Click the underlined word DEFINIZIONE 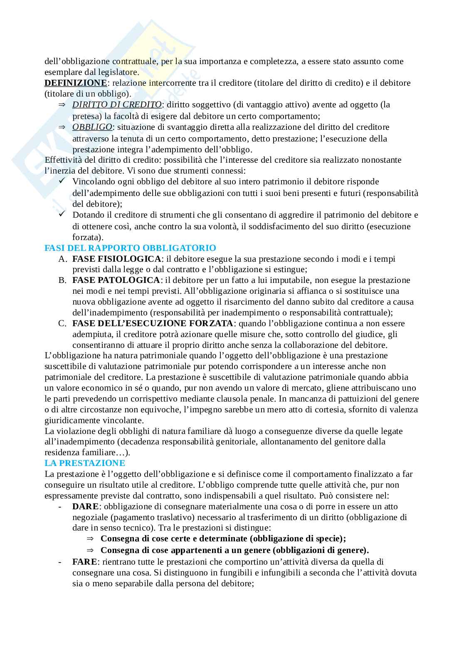[x=75, y=83]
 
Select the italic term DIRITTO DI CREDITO [x=117, y=104]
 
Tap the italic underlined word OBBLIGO [x=92, y=127]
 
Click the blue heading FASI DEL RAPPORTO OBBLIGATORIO [x=130, y=248]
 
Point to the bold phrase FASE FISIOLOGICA [x=116, y=259]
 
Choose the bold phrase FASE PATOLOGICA [x=116, y=280]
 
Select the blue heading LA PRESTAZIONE [x=85, y=463]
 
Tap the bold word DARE [x=85, y=506]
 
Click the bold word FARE [x=85, y=562]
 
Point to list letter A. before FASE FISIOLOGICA [x=62, y=259]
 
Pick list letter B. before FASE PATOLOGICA [x=62, y=280]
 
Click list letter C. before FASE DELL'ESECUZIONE [x=62, y=323]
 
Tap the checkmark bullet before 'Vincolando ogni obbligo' [x=62, y=181]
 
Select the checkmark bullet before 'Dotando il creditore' [x=62, y=214]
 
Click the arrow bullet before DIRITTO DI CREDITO [x=62, y=105]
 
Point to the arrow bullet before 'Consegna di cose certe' [x=90, y=539]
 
